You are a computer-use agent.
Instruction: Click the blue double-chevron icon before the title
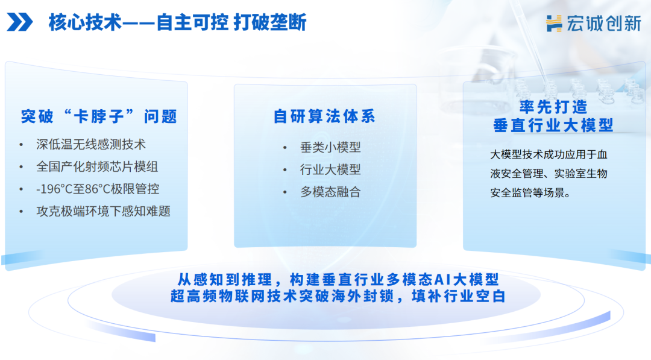tap(20, 23)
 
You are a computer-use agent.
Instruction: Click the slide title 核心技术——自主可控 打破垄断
tap(177, 23)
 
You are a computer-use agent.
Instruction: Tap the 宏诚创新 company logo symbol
tap(554, 23)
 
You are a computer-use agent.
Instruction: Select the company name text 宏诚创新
tap(603, 23)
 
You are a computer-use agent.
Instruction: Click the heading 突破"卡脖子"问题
tap(99, 116)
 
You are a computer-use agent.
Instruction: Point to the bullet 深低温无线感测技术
tap(90, 145)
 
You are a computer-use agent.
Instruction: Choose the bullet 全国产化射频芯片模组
tap(96, 166)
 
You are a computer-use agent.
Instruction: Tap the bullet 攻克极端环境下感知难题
tap(103, 211)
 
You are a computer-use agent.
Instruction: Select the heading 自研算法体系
tap(324, 116)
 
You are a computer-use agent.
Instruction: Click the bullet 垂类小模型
tap(330, 148)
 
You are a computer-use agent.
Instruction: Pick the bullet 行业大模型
tap(330, 170)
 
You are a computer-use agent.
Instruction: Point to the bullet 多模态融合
tap(330, 192)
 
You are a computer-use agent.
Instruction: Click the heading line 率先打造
tap(553, 107)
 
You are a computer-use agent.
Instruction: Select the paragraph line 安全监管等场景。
tap(530, 194)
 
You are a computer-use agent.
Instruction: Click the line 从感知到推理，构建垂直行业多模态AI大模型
tap(338, 280)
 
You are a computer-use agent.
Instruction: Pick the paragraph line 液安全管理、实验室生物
tap(549, 174)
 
